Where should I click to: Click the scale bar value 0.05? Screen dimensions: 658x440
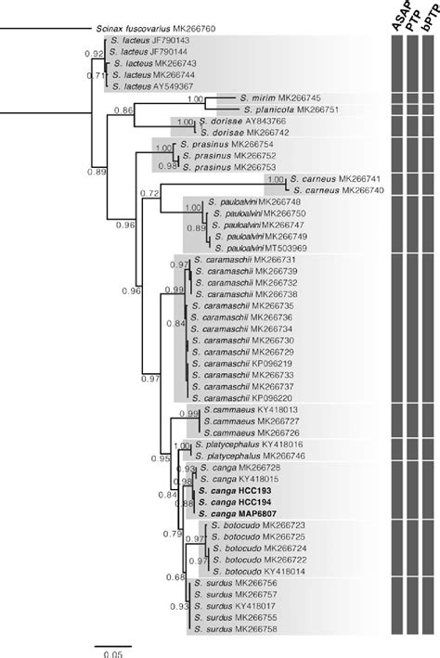click(112, 652)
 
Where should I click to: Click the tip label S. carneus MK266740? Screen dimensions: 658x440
click(343, 190)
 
